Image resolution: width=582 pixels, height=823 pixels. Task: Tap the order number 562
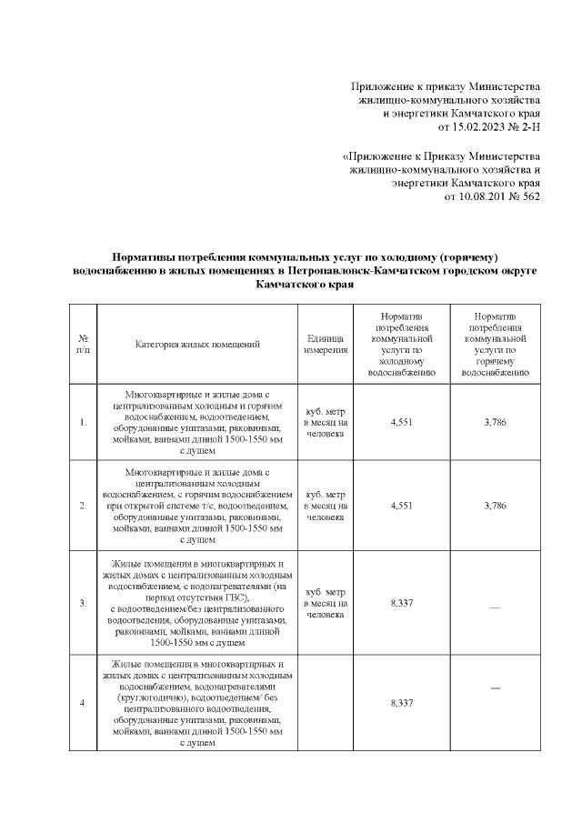529,196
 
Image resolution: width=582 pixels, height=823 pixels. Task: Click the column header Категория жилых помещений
197,344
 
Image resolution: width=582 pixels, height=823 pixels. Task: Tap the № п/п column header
83,344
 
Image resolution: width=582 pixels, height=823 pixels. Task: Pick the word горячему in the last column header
496,361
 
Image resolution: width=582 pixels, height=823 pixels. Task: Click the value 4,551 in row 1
401,423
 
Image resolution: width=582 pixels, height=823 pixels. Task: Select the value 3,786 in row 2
496,506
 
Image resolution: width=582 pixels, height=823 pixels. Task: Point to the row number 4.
83,703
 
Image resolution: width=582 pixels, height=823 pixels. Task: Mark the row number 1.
83,423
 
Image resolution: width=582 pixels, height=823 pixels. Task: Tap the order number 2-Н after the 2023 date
527,127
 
